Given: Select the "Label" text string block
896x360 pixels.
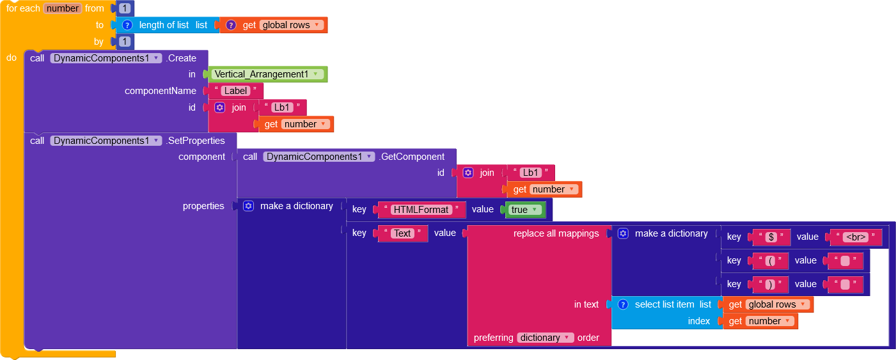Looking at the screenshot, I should pyautogui.click(x=235, y=91).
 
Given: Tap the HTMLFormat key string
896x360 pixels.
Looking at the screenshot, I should pyautogui.click(x=421, y=210).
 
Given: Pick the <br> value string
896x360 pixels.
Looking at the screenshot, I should pyautogui.click(x=856, y=237).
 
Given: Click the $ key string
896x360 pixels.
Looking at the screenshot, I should pyautogui.click(x=771, y=237).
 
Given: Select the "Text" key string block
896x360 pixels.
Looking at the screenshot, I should pyautogui.click(x=402, y=233).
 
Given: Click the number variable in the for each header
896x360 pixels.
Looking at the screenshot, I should pyautogui.click(x=63, y=8).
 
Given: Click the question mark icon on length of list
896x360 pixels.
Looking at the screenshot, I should pyautogui.click(x=127, y=25).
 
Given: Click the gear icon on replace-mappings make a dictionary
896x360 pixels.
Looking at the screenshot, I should pyautogui.click(x=623, y=233).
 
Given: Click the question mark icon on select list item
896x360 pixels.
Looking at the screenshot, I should pyautogui.click(x=623, y=304).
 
